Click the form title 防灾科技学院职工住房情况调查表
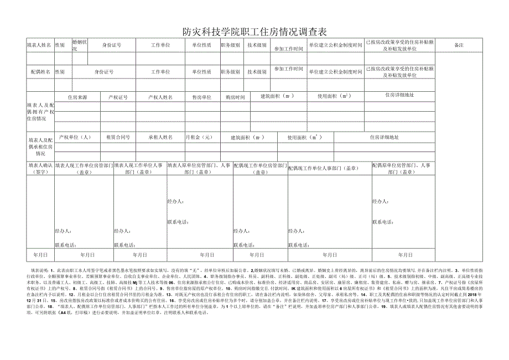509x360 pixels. (x=254, y=32)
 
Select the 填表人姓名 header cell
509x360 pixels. (x=40, y=45)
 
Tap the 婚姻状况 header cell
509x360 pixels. (x=79, y=45)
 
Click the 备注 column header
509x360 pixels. (x=458, y=45)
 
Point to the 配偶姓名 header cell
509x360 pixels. (x=40, y=72)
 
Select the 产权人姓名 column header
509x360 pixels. (x=160, y=97)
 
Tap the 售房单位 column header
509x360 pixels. (x=201, y=97)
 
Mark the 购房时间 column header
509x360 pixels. (x=235, y=97)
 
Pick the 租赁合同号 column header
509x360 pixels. (x=117, y=137)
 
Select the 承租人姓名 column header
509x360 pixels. (x=160, y=137)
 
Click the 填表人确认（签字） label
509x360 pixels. (x=40, y=169)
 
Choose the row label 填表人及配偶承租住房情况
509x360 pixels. (x=40, y=147)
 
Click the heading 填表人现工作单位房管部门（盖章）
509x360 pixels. (x=84, y=169)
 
